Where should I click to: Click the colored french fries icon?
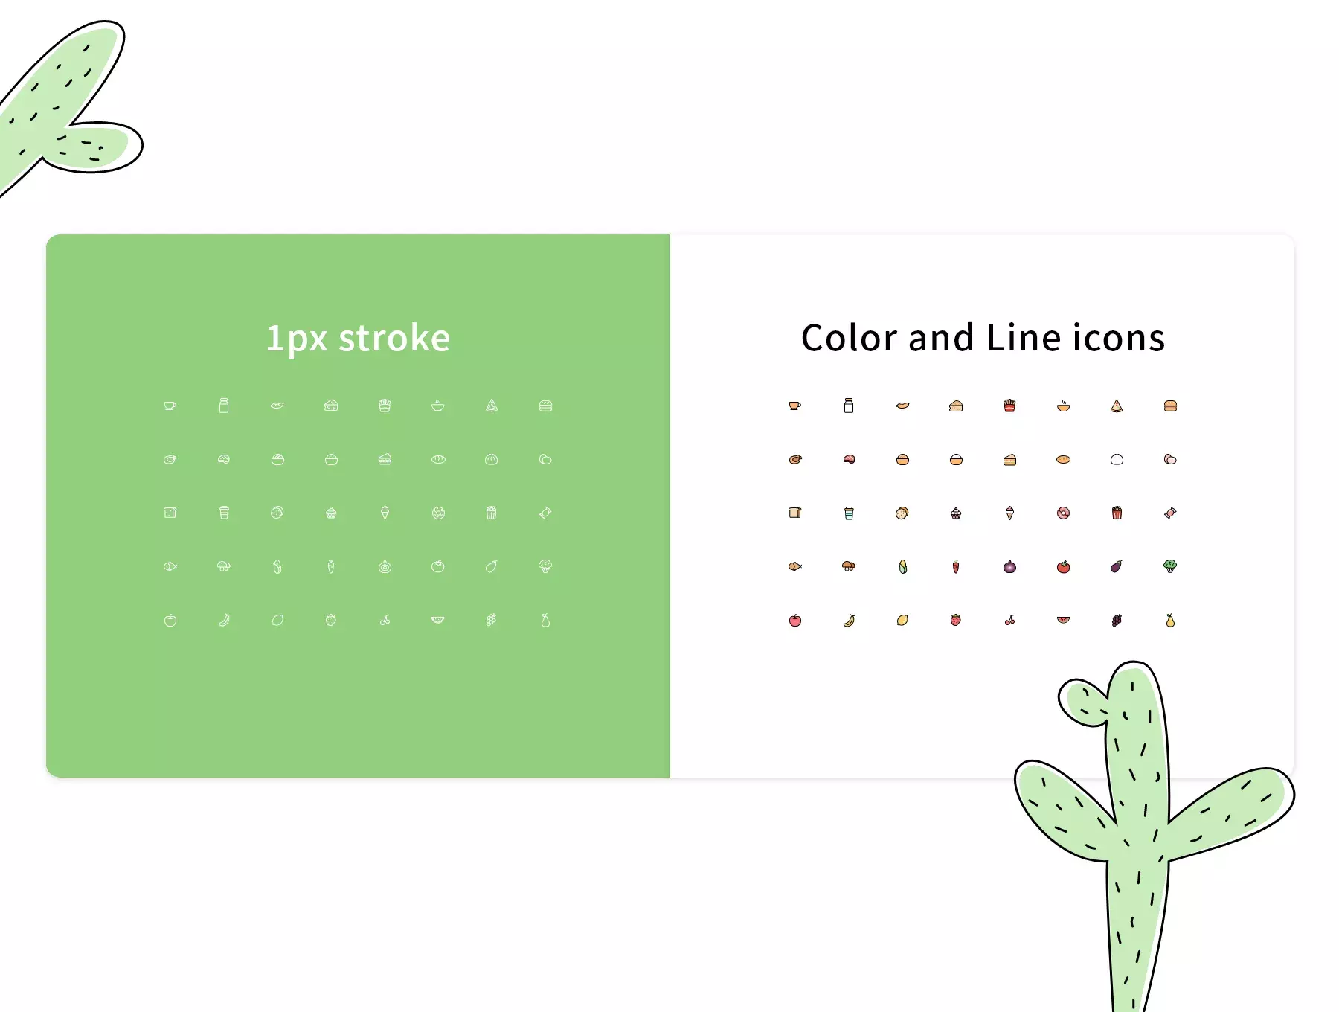click(x=1009, y=406)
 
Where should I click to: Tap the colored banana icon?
click(x=849, y=620)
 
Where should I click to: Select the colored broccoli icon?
click(x=1170, y=566)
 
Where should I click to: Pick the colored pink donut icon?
click(x=1063, y=513)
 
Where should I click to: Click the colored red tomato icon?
click(x=1063, y=566)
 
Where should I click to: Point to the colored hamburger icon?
click(x=1170, y=406)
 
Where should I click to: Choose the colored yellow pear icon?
click(x=1170, y=620)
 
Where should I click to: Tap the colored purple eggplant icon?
click(x=1117, y=566)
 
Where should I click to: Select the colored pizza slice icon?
click(x=1117, y=406)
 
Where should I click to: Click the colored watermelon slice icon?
click(x=1063, y=619)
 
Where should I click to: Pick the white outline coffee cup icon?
click(x=170, y=406)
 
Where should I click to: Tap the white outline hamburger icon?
click(x=545, y=406)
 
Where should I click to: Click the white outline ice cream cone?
click(x=385, y=513)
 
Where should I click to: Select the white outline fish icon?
click(x=170, y=566)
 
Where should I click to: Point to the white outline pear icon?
click(x=545, y=620)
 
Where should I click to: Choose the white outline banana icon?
click(x=224, y=620)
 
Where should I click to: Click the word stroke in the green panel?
click(x=394, y=339)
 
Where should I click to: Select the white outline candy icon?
click(x=545, y=513)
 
